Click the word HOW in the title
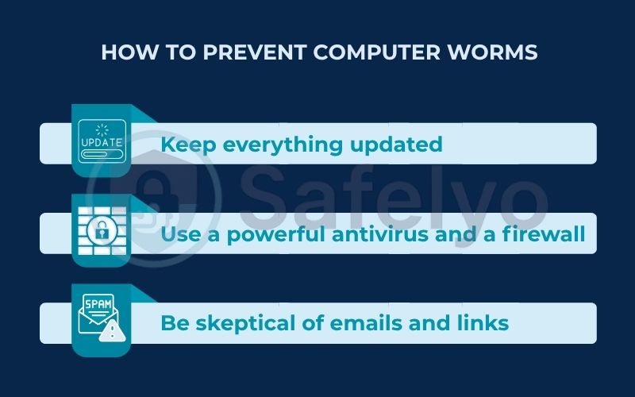pos(123,53)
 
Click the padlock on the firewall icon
pos(102,233)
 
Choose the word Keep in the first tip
pos(188,145)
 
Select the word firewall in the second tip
pos(545,234)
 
